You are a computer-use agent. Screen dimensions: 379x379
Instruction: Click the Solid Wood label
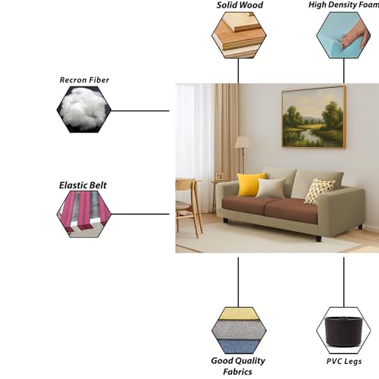coord(240,5)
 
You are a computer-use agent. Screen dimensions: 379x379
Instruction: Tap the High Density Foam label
coord(343,5)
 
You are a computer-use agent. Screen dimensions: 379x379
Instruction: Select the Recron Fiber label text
coord(84,80)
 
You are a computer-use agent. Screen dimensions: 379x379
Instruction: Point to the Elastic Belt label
coord(83,185)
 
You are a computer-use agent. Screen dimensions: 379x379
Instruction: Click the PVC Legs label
coord(343,362)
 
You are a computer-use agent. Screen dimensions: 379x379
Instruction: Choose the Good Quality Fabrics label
coord(238,366)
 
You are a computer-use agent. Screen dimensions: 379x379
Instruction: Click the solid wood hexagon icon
coord(239,35)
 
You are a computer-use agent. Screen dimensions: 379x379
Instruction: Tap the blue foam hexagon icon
coord(343,35)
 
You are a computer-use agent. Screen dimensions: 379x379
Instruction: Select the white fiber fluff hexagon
coord(83,109)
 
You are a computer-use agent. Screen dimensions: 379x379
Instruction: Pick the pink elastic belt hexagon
coord(83,214)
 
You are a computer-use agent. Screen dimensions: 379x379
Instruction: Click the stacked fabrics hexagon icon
coord(239,330)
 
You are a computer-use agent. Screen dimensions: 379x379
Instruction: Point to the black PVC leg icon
coord(343,331)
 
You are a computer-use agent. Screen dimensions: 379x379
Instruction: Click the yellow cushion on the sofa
coord(251,184)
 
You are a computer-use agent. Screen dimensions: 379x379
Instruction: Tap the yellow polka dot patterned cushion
coord(319,191)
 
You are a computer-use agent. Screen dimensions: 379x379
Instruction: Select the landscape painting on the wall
coord(314,117)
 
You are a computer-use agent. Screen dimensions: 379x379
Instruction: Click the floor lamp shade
coord(243,143)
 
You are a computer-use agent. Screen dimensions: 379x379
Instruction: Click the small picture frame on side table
coord(219,176)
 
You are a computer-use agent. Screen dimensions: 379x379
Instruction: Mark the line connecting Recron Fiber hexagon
coord(140,111)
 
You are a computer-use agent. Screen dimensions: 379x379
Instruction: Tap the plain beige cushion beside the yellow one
coord(271,187)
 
